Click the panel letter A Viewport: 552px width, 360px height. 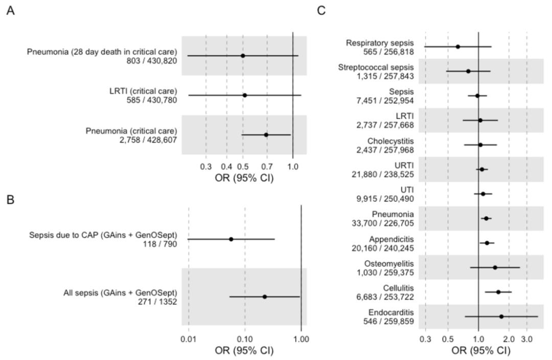[x=11, y=11]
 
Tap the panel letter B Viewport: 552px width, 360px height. [x=11, y=200]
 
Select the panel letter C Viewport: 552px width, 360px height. [x=321, y=11]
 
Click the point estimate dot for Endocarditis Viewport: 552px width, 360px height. [x=501, y=317]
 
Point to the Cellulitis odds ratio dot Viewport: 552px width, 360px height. [x=498, y=292]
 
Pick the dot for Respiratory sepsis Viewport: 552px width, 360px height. [x=457, y=47]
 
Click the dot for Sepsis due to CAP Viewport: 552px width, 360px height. [x=231, y=239]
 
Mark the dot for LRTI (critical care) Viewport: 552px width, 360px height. [x=245, y=95]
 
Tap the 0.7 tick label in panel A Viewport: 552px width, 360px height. [x=267, y=166]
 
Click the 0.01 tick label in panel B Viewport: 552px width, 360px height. [x=189, y=339]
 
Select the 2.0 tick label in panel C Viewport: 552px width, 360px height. [x=509, y=339]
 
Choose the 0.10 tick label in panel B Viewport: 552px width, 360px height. [x=245, y=339]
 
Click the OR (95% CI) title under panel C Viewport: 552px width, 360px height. [x=480, y=350]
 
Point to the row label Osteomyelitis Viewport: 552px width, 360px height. [x=389, y=263]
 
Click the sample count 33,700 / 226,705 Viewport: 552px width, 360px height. [x=383, y=223]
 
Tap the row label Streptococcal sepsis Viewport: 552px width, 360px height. [x=376, y=67]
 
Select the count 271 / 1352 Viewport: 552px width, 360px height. [x=157, y=302]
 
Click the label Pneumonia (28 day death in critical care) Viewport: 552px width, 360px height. [x=102, y=52]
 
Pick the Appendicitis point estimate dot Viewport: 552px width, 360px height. [x=487, y=243]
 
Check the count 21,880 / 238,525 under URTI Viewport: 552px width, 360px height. [x=383, y=174]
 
